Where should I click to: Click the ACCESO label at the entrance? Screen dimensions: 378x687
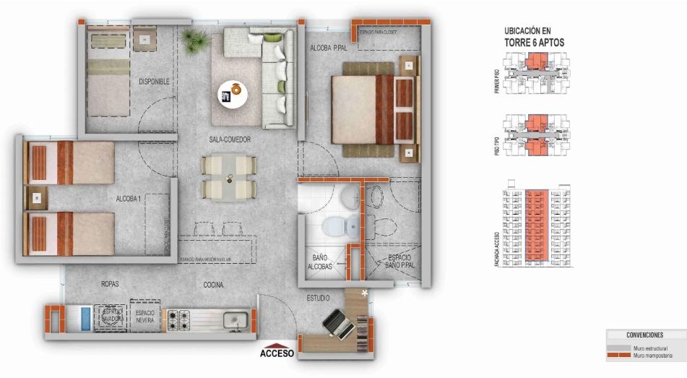[x=277, y=353]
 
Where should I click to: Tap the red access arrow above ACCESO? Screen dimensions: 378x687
[x=277, y=343]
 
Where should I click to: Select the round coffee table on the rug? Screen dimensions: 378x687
[x=233, y=93]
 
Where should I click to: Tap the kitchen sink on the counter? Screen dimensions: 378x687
[x=233, y=318]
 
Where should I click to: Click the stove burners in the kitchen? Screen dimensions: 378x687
[x=177, y=318]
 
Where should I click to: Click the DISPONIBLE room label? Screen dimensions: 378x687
[x=154, y=82]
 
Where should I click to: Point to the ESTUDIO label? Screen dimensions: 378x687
[x=318, y=298]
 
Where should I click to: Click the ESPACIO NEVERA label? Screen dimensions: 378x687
[x=145, y=316]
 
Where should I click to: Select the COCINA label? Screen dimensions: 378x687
[x=212, y=285]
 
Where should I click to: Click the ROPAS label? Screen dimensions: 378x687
[x=110, y=284]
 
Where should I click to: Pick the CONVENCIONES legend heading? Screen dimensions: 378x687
[x=645, y=335]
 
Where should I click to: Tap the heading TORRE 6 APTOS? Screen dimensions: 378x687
[x=534, y=43]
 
